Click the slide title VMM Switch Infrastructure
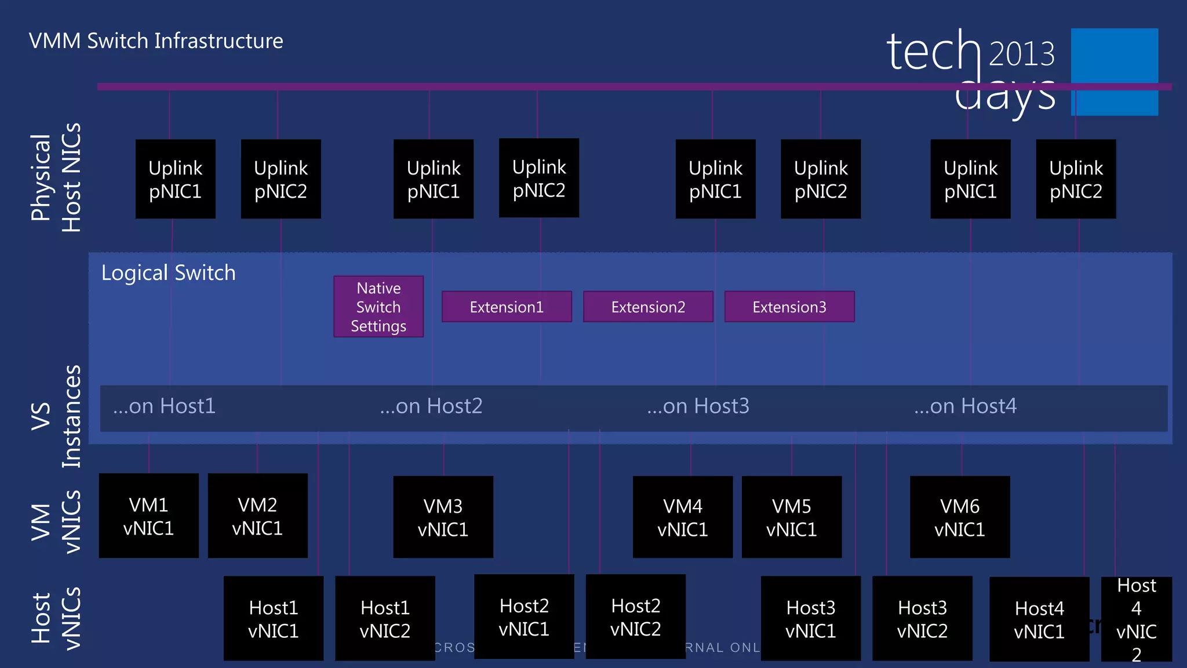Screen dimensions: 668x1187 (x=156, y=41)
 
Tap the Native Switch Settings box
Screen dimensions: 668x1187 (x=378, y=307)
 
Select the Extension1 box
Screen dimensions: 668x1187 (x=507, y=307)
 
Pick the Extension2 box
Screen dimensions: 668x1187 (x=648, y=307)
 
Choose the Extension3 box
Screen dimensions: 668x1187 (x=789, y=307)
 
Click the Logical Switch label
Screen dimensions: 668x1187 (x=168, y=273)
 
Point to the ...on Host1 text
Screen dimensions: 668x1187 (x=164, y=406)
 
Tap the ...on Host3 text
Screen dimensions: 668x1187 (x=698, y=406)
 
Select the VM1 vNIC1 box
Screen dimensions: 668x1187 (x=148, y=516)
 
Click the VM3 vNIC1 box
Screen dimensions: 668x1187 (x=443, y=517)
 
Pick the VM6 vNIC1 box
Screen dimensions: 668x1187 (x=960, y=517)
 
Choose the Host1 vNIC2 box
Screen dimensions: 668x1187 (x=385, y=619)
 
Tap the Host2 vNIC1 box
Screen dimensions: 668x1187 (x=524, y=617)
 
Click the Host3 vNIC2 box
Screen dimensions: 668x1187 (x=922, y=619)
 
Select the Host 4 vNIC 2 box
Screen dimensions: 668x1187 (x=1136, y=619)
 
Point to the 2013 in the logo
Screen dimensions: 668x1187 (x=1021, y=54)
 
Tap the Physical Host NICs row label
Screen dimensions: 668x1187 (x=56, y=177)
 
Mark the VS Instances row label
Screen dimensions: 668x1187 (x=56, y=416)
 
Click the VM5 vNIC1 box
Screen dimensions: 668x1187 (x=791, y=517)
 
